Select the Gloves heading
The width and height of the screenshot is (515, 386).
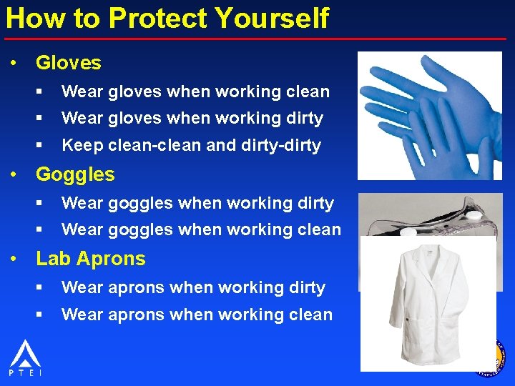69,63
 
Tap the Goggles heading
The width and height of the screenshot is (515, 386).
75,174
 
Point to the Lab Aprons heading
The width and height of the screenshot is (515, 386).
91,259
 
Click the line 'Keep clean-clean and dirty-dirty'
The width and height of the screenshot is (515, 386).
191,145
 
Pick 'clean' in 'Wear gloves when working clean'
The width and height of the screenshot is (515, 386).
307,91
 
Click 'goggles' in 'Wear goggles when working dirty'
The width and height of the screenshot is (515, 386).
140,204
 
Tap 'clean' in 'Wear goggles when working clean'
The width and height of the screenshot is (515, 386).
318,229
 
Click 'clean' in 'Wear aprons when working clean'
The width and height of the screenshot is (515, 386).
310,315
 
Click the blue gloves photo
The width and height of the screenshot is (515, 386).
429,114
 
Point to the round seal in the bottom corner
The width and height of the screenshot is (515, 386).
491,357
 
